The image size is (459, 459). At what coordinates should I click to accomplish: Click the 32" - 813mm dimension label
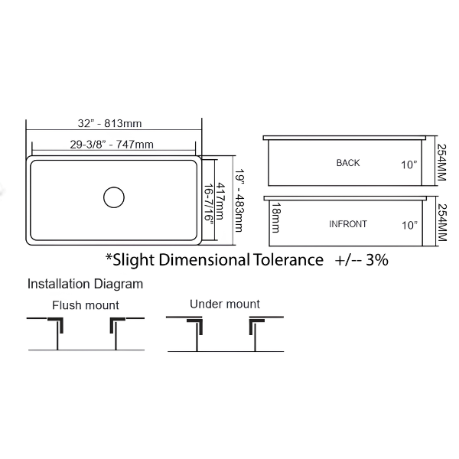pyautogui.click(x=109, y=123)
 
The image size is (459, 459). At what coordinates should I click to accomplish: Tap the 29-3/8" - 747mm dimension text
pyautogui.click(x=112, y=145)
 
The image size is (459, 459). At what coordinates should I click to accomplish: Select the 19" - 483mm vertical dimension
pyautogui.click(x=239, y=200)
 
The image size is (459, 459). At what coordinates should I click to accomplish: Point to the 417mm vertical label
pyautogui.click(x=220, y=200)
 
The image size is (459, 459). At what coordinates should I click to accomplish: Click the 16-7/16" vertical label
pyautogui.click(x=208, y=203)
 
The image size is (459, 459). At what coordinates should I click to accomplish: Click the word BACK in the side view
pyautogui.click(x=348, y=163)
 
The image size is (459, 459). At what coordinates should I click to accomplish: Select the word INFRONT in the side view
pyautogui.click(x=348, y=224)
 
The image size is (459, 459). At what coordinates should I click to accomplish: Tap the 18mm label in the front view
pyautogui.click(x=276, y=217)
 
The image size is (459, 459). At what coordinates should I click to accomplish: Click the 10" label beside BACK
pyautogui.click(x=409, y=164)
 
